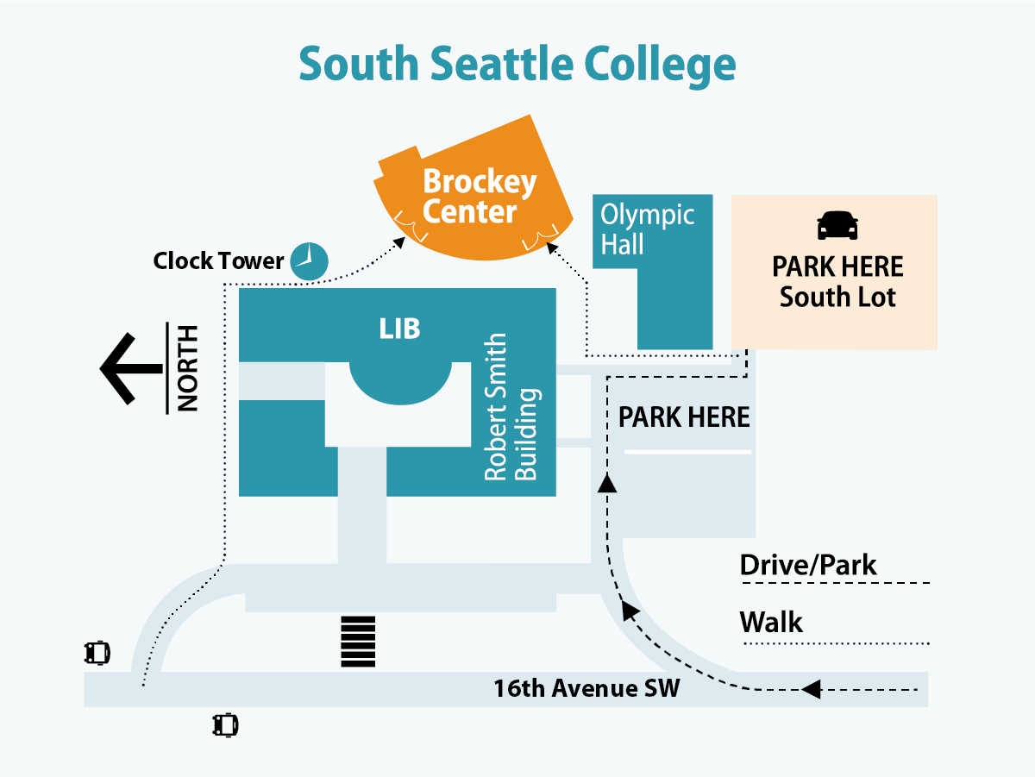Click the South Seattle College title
[x=517, y=65]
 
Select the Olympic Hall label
[x=647, y=229]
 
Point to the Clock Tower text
[x=218, y=260]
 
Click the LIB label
[x=400, y=329]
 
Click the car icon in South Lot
[x=837, y=225]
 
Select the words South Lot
[x=837, y=298]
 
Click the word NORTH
[x=187, y=367]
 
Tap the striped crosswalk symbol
[x=358, y=642]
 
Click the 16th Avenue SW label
[x=586, y=688]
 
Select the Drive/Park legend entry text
[x=808, y=566]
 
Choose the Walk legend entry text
[x=771, y=622]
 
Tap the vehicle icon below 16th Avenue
[x=225, y=724]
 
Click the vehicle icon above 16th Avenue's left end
[x=97, y=652]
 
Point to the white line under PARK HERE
[x=687, y=452]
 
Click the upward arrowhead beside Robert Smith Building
[x=607, y=484]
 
